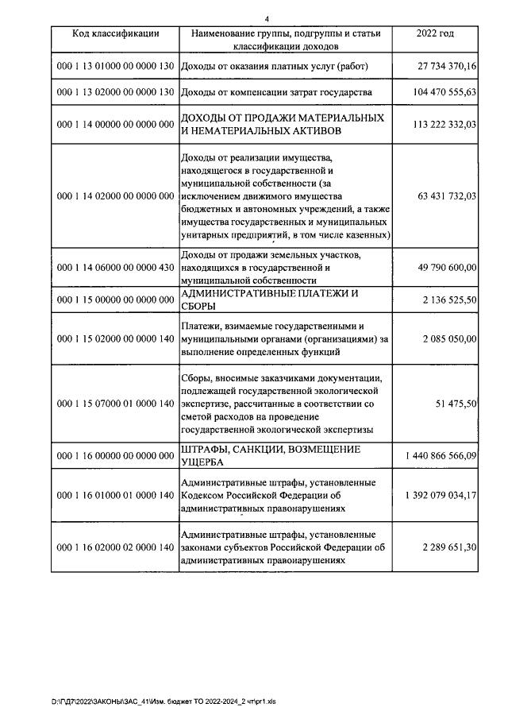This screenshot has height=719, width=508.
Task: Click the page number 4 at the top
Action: pos(267,18)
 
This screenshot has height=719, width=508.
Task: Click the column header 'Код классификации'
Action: pos(116,33)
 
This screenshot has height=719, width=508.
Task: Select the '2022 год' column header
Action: pos(435,33)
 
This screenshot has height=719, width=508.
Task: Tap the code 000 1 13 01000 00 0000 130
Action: pos(116,68)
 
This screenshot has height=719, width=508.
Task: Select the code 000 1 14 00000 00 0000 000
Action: pos(116,125)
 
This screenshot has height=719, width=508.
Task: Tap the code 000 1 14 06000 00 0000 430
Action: pos(116,268)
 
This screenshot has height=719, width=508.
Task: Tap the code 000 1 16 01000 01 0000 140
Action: pos(116,496)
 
